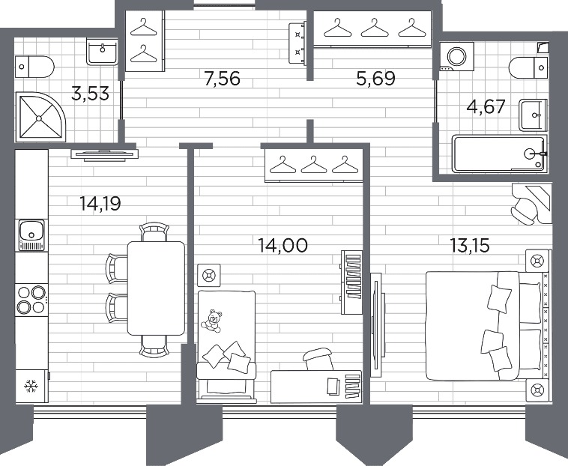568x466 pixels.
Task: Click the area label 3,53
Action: (90, 94)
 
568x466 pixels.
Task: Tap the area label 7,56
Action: (222, 79)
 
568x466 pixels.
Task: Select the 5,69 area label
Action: (375, 79)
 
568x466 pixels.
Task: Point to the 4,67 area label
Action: (486, 107)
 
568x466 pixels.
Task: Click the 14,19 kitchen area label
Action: (100, 204)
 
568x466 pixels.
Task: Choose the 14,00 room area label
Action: (283, 245)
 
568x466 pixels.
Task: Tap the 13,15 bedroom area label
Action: (470, 245)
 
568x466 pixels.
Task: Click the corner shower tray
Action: (40, 117)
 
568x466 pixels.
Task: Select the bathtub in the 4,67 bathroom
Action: (500, 154)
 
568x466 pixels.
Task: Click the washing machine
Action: (456, 56)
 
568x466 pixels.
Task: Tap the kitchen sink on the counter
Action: (31, 235)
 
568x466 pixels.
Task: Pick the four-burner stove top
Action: (31, 300)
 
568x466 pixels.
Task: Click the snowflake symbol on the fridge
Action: (31, 387)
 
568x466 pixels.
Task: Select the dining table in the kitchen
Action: (156, 288)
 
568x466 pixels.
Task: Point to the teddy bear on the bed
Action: (213, 321)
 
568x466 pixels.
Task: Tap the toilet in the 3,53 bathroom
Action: (34, 67)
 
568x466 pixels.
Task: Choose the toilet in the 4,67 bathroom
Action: (529, 67)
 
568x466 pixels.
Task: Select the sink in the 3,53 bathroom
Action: (103, 52)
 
